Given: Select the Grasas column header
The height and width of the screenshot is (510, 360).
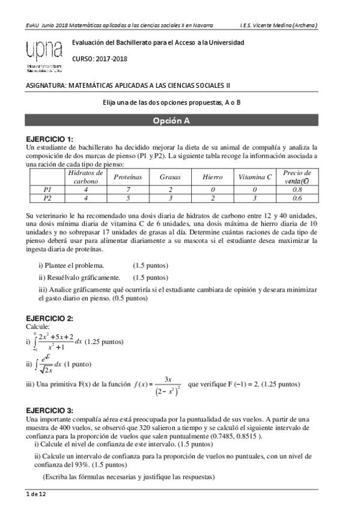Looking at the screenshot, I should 170,177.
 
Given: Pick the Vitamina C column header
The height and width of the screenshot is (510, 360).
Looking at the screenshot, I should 255,177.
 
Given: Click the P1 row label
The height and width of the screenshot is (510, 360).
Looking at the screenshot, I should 48,189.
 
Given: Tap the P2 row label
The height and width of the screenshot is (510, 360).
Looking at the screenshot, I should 48,197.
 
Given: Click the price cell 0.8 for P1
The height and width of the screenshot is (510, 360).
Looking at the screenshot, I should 297,189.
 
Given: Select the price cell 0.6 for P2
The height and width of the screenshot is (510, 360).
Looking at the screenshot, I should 297,197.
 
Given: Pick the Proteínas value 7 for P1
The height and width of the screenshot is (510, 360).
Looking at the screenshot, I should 128,189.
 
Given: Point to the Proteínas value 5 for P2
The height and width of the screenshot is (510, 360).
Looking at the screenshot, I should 128,197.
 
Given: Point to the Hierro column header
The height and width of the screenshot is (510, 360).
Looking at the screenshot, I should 213,177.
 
